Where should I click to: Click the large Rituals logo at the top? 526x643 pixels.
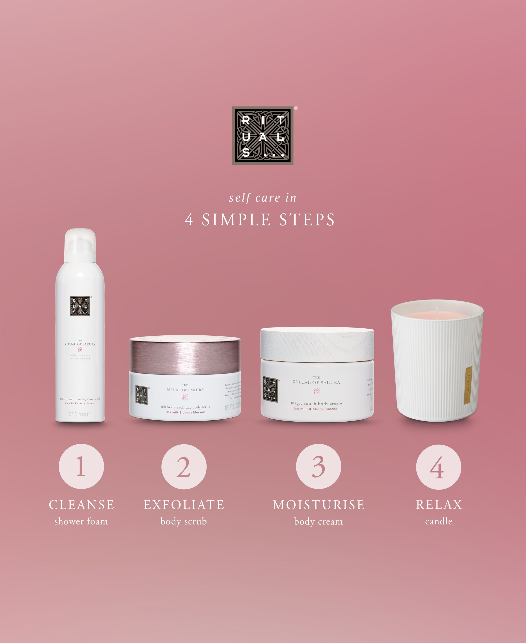coord(262,135)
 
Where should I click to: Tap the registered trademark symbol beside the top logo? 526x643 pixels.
coord(296,108)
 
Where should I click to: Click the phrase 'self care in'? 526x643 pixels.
coord(262,198)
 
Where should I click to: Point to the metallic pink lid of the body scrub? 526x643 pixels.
coord(185,354)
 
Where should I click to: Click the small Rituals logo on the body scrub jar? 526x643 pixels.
coord(141,395)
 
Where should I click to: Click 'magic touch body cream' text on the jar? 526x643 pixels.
coord(316,403)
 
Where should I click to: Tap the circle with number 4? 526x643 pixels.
coord(439,467)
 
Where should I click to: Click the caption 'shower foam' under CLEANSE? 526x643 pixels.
coord(81,521)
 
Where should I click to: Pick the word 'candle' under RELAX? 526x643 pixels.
coord(439,521)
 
